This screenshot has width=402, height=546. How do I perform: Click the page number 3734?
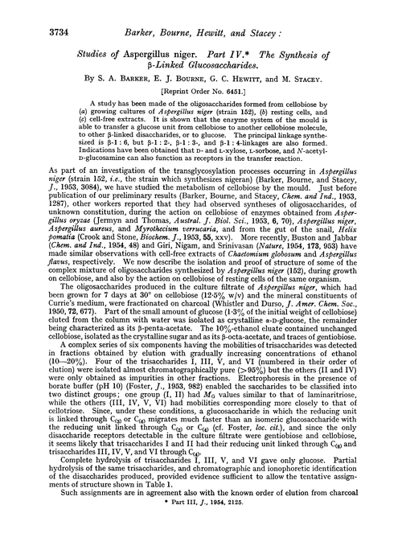click(38, 14)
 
